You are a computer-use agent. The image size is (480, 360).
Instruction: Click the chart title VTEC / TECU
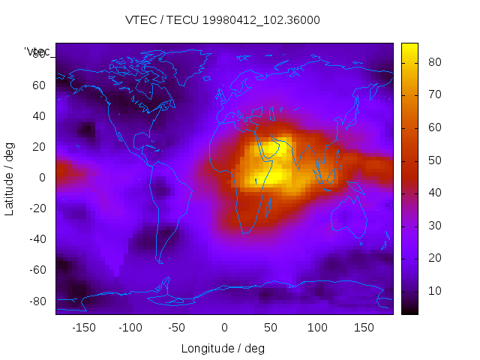pos(223,20)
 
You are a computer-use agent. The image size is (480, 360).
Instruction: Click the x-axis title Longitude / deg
pos(223,348)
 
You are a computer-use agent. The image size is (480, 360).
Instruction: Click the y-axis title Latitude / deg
pos(10,177)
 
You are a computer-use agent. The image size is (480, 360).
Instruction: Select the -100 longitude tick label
pos(130,327)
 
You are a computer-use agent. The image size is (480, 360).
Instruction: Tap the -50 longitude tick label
pos(177,327)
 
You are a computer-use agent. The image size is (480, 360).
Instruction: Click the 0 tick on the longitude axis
pos(224,327)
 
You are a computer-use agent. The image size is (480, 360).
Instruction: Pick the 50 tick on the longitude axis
pos(271,327)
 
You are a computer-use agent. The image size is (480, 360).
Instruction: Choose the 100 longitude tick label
pos(317,327)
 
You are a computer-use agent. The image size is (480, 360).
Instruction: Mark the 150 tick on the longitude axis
pos(364,327)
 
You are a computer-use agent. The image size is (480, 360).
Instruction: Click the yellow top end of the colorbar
pos(409,47)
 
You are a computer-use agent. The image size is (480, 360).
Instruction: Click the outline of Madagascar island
pos(268,205)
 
